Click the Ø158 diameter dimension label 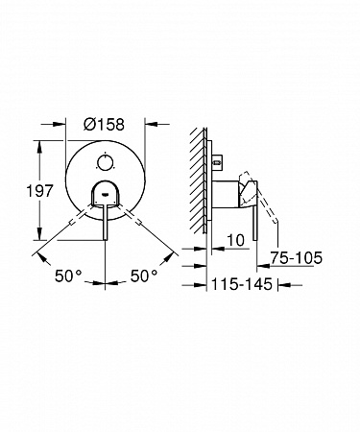(104, 125)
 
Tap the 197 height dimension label (39, 191)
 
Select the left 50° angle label (68, 276)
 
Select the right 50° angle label (144, 276)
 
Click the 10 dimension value (235, 240)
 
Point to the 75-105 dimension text (297, 258)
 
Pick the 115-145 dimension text (242, 284)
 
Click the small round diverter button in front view (106, 162)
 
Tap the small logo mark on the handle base (106, 194)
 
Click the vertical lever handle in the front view (106, 221)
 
